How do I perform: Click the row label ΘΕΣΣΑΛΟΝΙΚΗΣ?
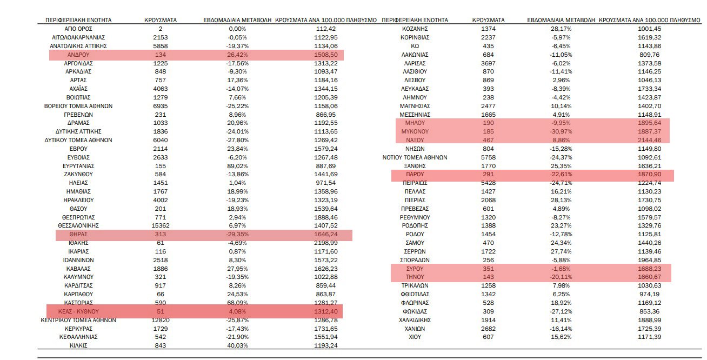(78, 225)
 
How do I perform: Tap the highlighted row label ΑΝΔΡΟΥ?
(78, 55)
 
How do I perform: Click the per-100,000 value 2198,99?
(325, 243)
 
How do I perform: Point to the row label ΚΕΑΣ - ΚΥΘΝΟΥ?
(78, 311)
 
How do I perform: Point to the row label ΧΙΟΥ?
(415, 337)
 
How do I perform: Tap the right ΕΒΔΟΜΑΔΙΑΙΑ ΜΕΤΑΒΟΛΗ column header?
(561, 20)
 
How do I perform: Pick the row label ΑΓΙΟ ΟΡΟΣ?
(78, 29)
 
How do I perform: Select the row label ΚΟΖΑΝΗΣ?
(415, 29)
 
